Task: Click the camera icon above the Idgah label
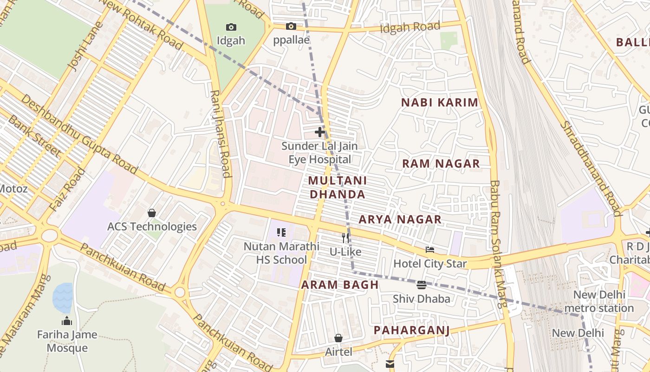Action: coord(231,27)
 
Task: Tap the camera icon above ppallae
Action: coord(291,26)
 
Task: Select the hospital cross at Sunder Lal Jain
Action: coord(320,132)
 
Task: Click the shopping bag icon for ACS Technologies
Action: coord(152,213)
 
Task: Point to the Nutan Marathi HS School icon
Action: coord(281,232)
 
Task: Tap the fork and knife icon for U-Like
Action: coord(345,238)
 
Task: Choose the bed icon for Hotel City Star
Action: coord(430,250)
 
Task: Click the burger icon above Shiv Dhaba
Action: coord(422,285)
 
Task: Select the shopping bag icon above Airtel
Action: coord(338,338)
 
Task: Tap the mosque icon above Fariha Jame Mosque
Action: coord(67,321)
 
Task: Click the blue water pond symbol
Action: coord(63,298)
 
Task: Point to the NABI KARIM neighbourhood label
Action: coord(439,103)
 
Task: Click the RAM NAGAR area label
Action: coord(441,164)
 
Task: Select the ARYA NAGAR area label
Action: coord(400,219)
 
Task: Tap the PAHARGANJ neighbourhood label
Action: coord(412,330)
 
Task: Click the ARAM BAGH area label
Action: coord(340,285)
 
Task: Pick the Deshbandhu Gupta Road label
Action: coord(79,135)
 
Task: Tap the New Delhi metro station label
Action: coord(599,301)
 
